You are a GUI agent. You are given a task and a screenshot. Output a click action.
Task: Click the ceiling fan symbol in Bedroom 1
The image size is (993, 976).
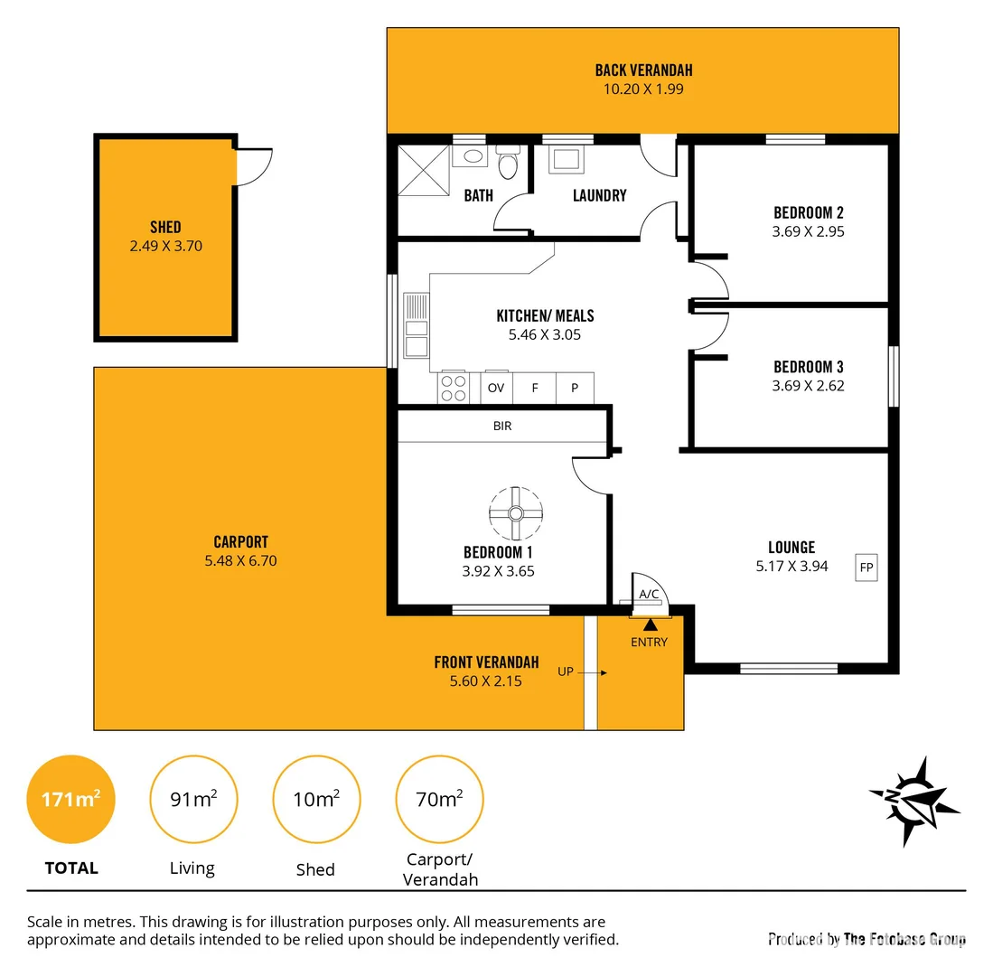[515, 514]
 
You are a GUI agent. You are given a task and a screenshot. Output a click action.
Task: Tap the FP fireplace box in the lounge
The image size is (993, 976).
[867, 568]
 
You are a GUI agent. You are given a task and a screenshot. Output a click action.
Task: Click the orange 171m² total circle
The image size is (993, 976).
[70, 800]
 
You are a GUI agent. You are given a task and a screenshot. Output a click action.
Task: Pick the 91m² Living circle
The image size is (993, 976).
[193, 800]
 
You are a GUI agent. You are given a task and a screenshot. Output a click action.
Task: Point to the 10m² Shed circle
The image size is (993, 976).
[316, 800]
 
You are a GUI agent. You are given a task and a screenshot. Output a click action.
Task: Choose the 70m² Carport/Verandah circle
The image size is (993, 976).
[439, 800]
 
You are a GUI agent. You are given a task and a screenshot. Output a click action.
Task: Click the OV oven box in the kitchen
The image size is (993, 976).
[496, 388]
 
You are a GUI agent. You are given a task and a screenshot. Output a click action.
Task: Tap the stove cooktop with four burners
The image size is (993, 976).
[454, 388]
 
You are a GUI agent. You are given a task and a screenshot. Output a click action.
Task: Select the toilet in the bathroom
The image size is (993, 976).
[508, 164]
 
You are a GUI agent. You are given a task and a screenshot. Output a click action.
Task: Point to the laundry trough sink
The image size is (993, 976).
[567, 160]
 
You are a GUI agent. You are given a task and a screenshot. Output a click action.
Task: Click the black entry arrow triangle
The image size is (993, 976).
[649, 624]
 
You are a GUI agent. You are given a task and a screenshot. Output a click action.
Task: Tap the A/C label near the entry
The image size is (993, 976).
[649, 594]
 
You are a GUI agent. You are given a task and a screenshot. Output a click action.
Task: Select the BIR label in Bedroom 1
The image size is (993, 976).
[502, 426]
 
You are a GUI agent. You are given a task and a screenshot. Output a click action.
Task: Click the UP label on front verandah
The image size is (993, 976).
[565, 671]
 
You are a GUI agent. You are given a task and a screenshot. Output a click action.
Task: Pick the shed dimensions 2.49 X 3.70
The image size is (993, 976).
[165, 245]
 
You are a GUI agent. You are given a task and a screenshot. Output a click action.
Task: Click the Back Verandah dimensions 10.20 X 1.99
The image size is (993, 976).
[643, 89]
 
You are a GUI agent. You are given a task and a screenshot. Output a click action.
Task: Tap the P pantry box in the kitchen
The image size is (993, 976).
[575, 388]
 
